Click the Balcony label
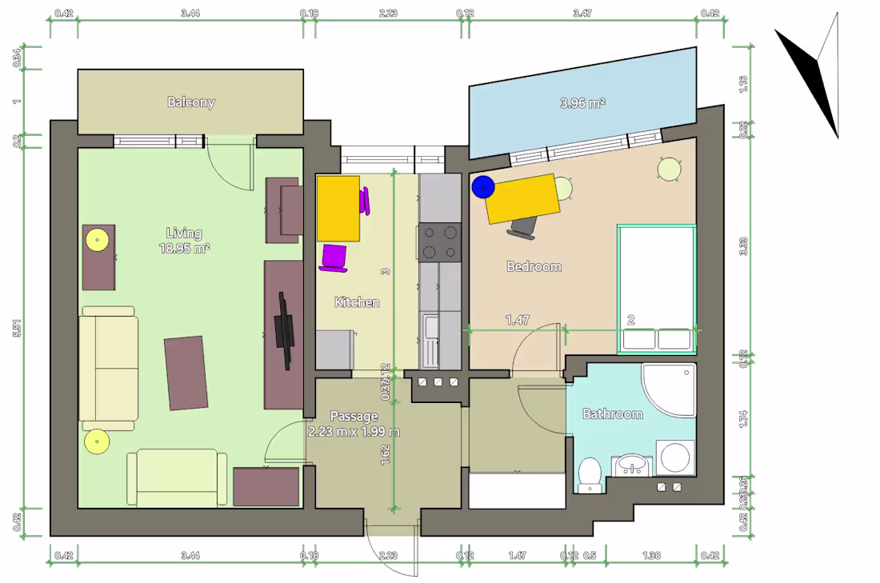(190, 102)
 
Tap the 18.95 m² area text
(184, 249)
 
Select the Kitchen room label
(357, 302)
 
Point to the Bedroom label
(534, 266)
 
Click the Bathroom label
(612, 413)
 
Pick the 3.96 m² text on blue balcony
(582, 103)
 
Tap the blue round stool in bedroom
(482, 187)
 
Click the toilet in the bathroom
(590, 474)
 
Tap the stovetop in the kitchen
(440, 242)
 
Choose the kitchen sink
(432, 328)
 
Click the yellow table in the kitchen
(338, 209)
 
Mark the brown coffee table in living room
(186, 373)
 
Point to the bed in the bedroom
(656, 290)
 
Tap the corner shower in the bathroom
(669, 389)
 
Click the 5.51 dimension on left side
(17, 328)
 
